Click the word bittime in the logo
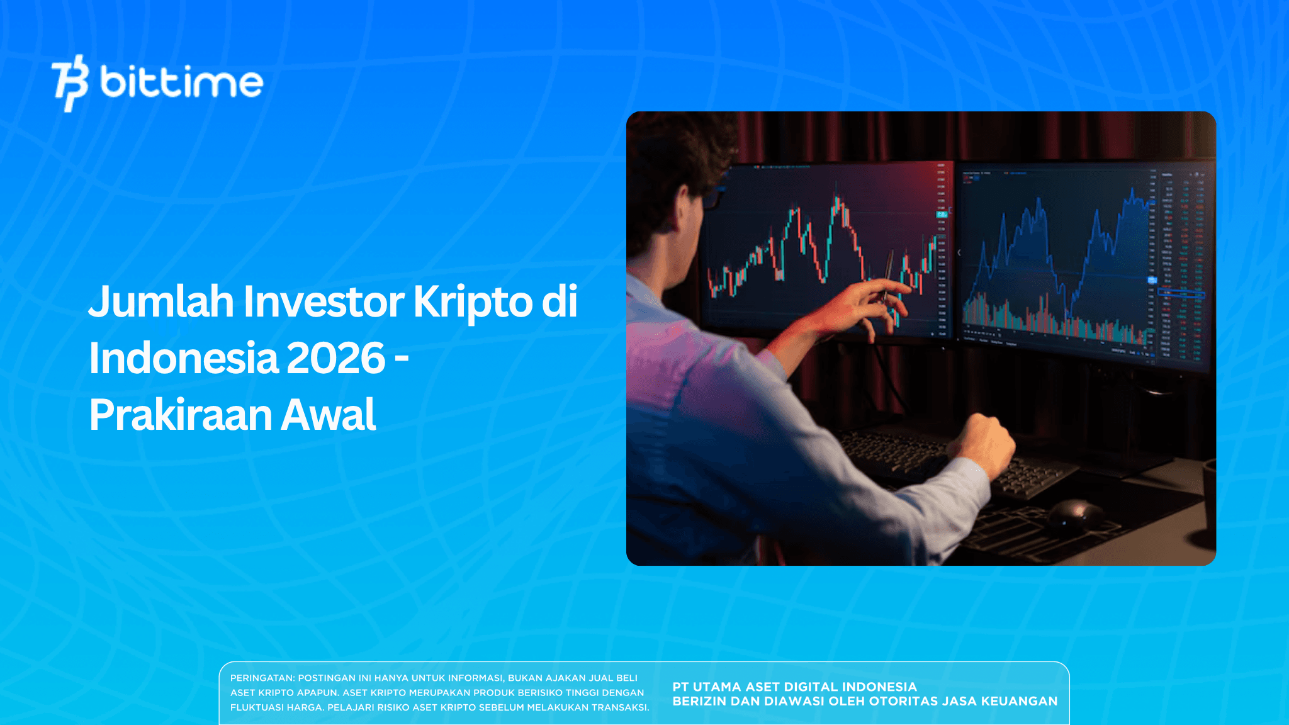181,82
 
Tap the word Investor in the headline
324,302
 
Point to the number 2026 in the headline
335,358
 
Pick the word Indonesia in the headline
183,358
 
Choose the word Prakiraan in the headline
179,415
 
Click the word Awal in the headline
328,415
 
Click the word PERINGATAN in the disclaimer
262,678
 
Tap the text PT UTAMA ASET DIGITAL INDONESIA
794,687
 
